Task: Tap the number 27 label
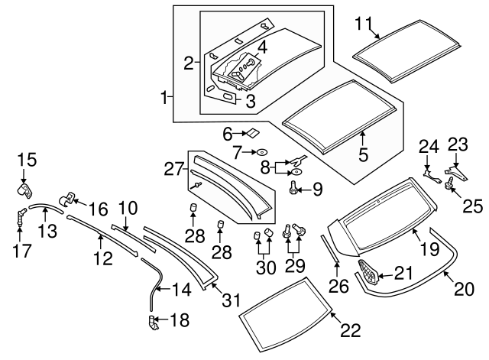tap(174, 167)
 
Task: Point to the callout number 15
tap(27, 159)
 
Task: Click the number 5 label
tap(364, 154)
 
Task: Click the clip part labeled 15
tap(27, 188)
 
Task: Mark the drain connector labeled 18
tap(153, 324)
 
